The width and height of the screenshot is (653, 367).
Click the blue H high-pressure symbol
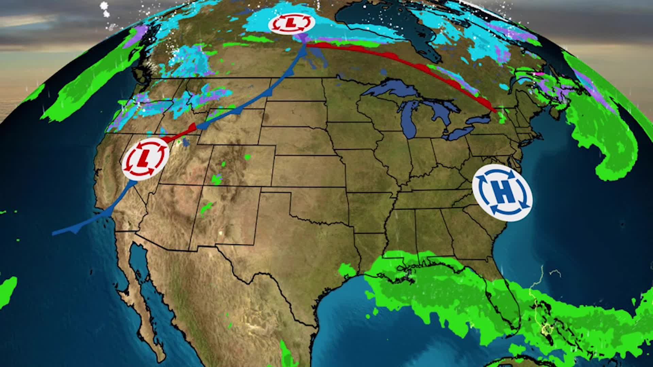(x=502, y=193)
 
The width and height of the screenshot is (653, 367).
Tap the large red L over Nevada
(x=145, y=158)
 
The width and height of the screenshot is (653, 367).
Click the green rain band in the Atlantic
(x=605, y=143)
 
